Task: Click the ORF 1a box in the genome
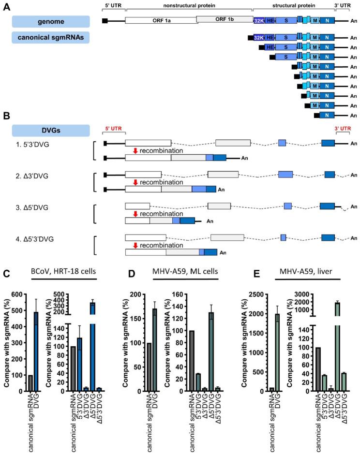pyautogui.click(x=161, y=21)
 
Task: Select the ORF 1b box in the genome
pyautogui.click(x=224, y=19)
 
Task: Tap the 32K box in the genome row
pyautogui.click(x=259, y=21)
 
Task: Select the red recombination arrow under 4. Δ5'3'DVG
pyautogui.click(x=136, y=245)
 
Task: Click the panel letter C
pyautogui.click(x=6, y=274)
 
